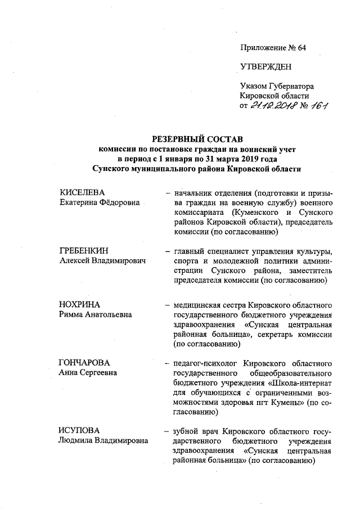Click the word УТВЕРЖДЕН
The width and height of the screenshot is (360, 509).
click(x=265, y=67)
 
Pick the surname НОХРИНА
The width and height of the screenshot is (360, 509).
click(x=79, y=304)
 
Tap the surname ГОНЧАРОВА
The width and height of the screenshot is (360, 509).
click(x=84, y=362)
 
